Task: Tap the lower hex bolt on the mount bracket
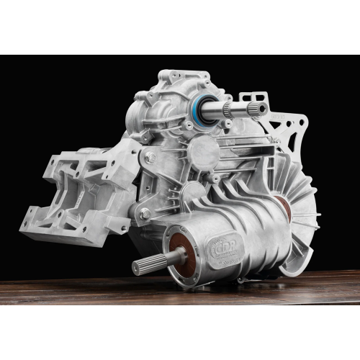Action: coord(145,213)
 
